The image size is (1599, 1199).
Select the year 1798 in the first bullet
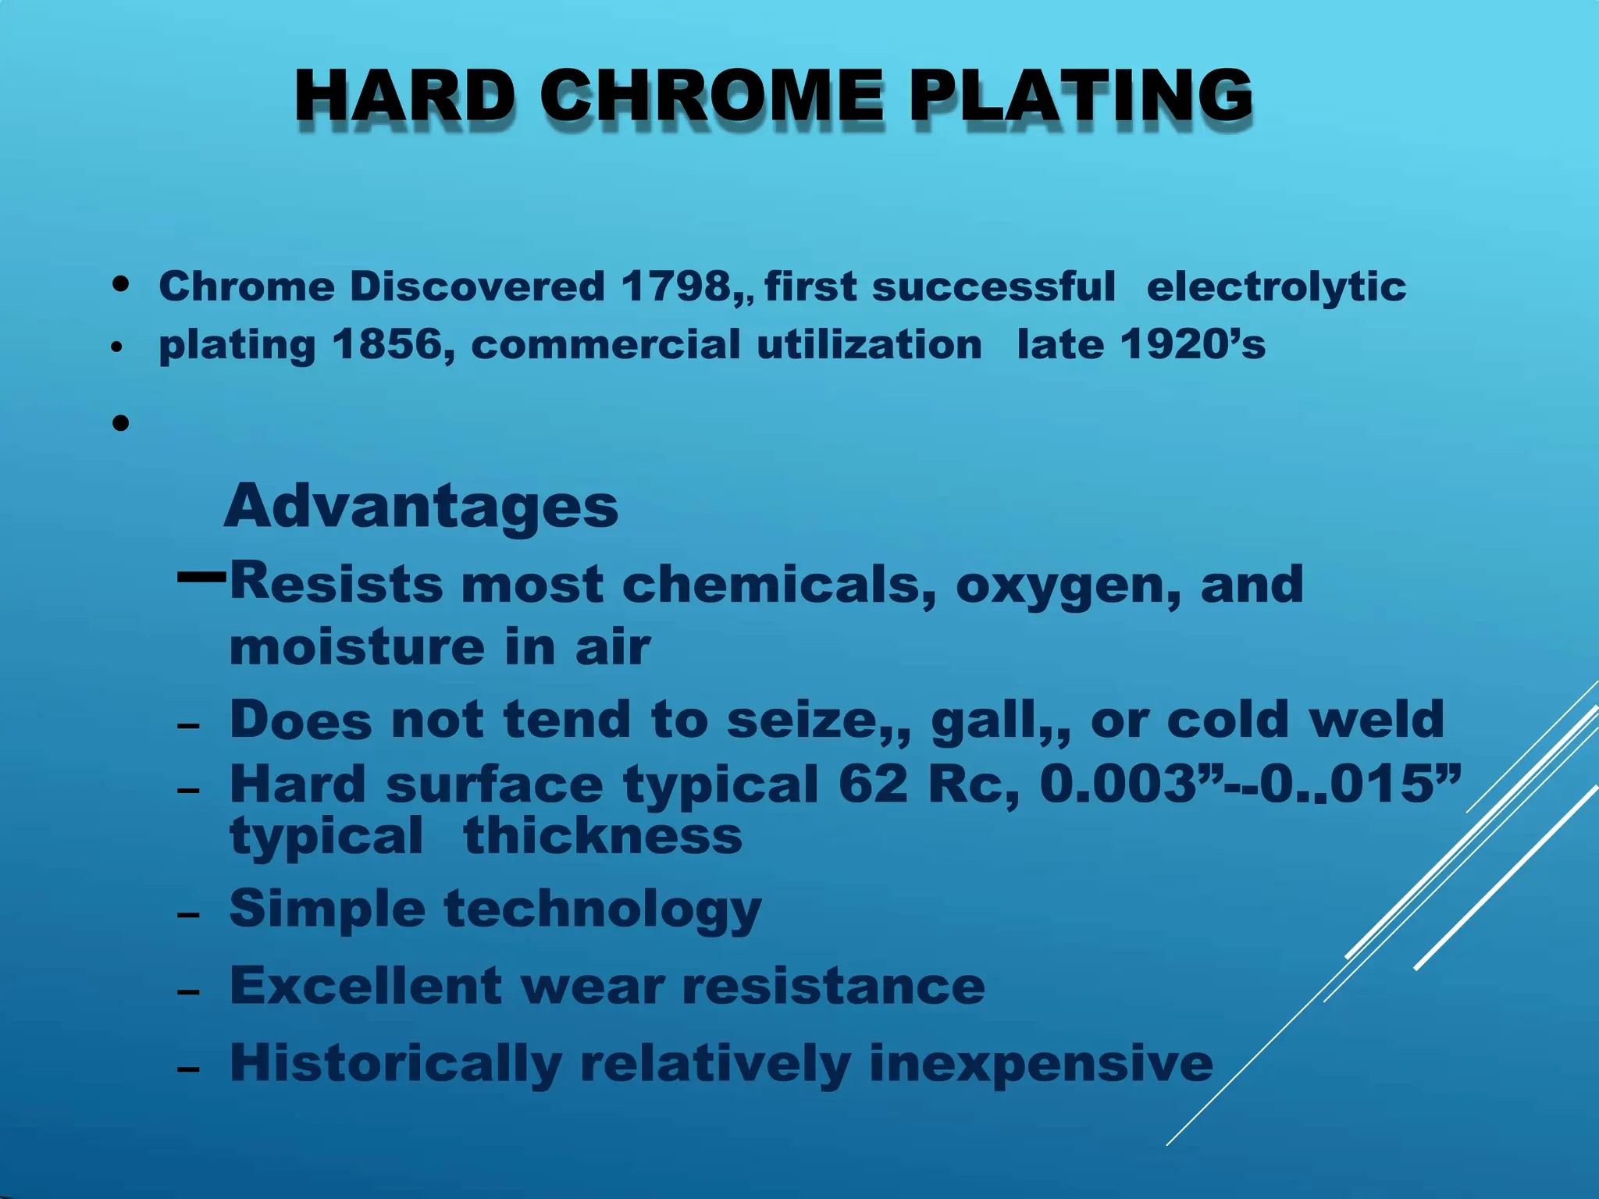point(675,286)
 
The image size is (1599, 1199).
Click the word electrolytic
point(1276,286)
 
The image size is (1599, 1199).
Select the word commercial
point(605,344)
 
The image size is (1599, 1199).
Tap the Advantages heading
point(421,506)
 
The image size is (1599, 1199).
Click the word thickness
point(602,836)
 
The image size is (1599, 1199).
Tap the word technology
point(602,909)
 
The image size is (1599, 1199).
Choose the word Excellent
point(365,986)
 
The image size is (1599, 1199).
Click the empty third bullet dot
point(120,424)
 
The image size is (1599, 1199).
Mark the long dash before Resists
point(201,578)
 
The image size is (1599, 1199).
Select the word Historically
point(395,1063)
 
